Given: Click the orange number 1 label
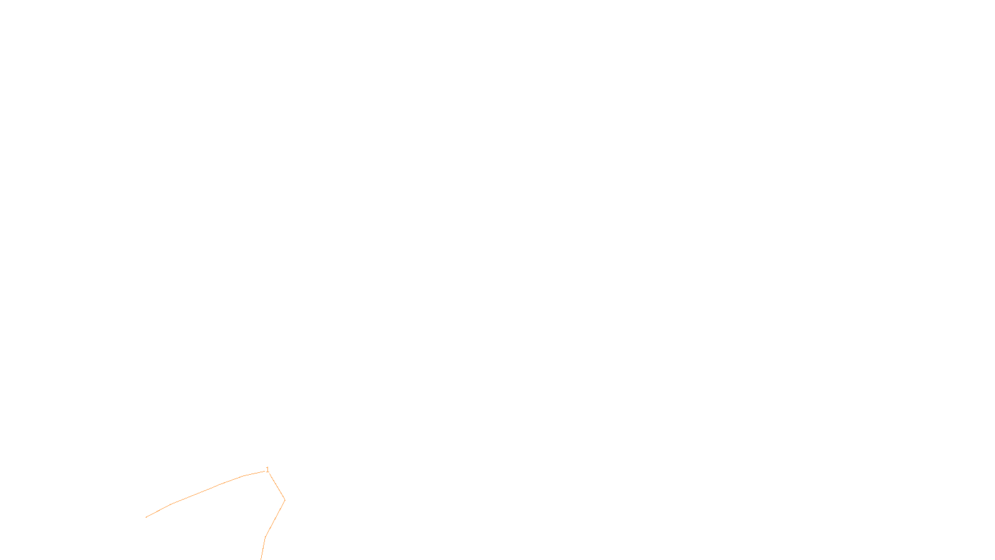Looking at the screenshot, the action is point(267,470).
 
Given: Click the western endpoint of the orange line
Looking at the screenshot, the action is point(146,517).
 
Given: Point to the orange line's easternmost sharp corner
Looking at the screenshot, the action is point(285,500).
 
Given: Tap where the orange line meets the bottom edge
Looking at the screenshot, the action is point(261,559).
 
